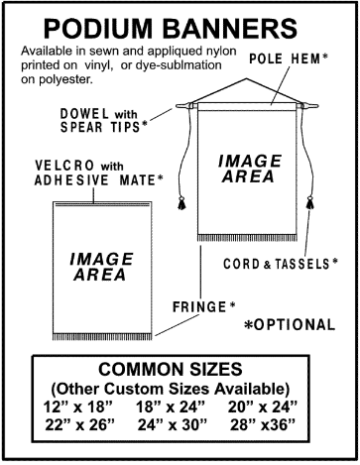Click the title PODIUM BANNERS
click(180, 24)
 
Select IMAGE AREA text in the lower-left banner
click(97, 265)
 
